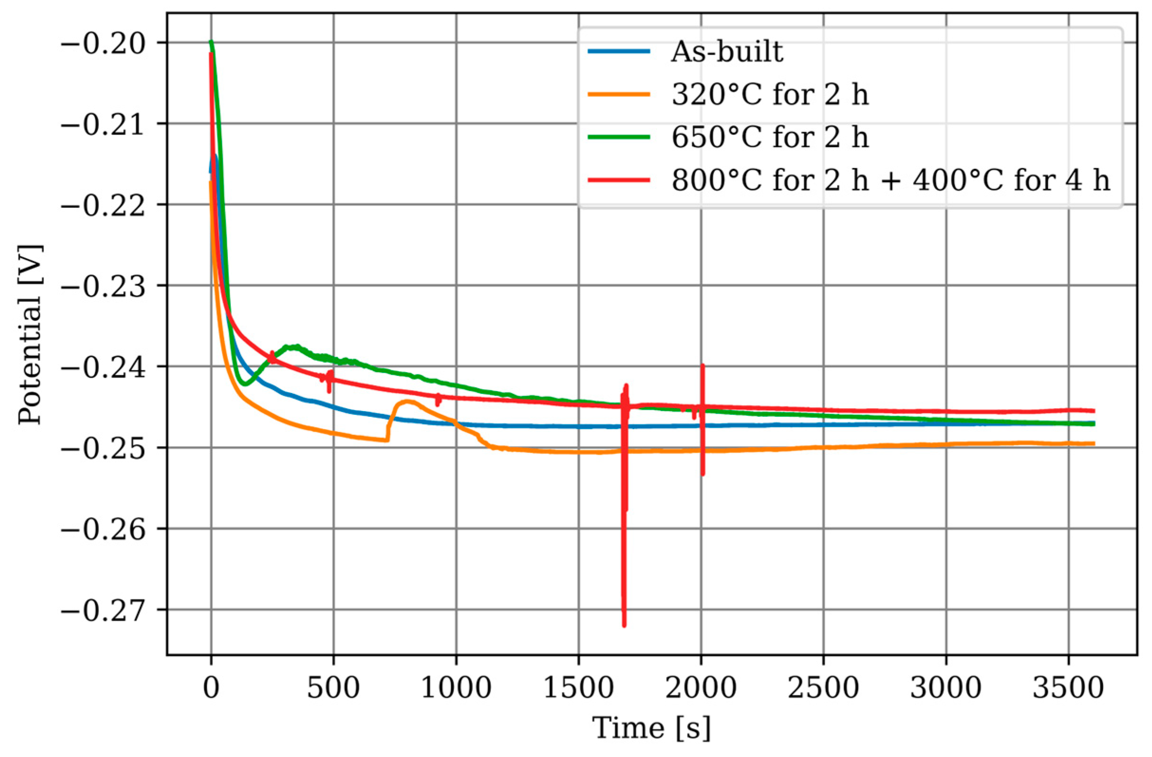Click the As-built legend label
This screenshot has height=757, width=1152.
click(726, 52)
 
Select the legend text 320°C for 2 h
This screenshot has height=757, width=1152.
click(770, 94)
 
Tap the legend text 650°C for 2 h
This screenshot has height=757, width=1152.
click(770, 137)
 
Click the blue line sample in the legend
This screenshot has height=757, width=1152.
click(619, 51)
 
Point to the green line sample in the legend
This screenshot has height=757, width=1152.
click(619, 137)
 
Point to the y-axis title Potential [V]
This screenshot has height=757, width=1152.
click(30, 334)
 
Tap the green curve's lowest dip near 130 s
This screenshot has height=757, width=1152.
click(245, 384)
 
